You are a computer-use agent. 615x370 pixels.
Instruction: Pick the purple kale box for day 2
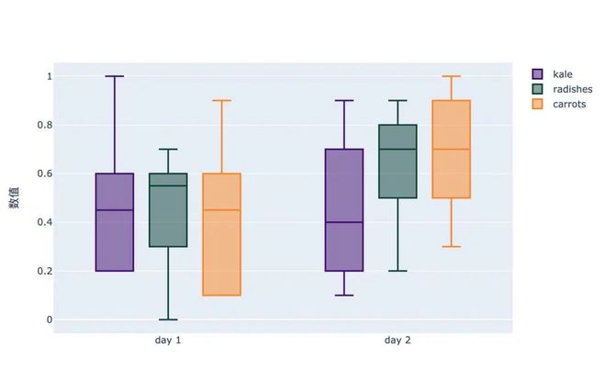point(344,209)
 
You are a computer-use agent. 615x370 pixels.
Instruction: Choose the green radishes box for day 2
point(397,161)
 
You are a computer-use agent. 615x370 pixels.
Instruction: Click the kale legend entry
point(564,73)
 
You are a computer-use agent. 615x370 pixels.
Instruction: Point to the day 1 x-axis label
point(168,341)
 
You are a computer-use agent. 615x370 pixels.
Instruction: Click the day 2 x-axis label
point(397,341)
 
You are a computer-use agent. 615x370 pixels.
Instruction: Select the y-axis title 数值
point(15,197)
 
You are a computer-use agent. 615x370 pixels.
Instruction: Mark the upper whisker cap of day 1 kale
point(115,76)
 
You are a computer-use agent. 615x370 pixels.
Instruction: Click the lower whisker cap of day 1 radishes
point(168,320)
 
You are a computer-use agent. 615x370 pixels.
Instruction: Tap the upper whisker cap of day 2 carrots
point(451,76)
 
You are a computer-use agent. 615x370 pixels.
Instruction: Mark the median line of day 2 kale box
point(344,222)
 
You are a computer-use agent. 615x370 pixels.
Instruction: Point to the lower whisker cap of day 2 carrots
point(451,246)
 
